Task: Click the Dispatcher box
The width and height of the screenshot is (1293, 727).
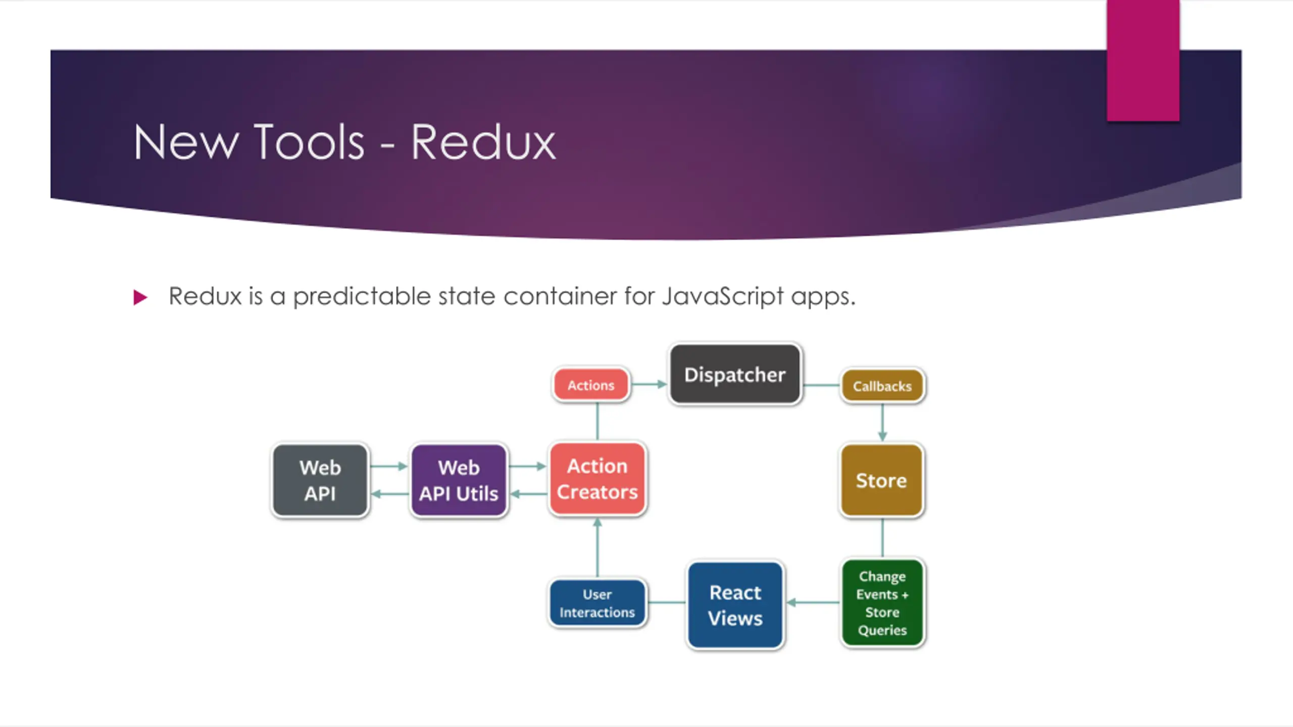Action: pyautogui.click(x=735, y=374)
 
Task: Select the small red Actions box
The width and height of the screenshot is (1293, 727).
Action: pyautogui.click(x=591, y=385)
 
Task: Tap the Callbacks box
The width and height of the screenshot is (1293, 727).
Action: pyautogui.click(x=882, y=386)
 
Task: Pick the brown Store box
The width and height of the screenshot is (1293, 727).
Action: pyautogui.click(x=881, y=480)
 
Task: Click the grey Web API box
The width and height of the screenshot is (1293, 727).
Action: pyautogui.click(x=320, y=480)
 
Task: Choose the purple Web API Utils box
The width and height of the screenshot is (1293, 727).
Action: pyautogui.click(x=459, y=480)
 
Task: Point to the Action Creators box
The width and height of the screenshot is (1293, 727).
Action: pyautogui.click(x=597, y=479)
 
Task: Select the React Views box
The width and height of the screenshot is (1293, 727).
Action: pyautogui.click(x=735, y=605)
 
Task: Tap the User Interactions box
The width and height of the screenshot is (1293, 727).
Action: pyautogui.click(x=597, y=603)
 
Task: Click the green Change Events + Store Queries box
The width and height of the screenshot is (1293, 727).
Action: pyautogui.click(x=882, y=603)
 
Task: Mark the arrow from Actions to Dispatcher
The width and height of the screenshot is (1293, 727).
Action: pyautogui.click(x=650, y=384)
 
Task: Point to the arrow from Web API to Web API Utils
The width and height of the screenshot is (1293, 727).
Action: pyautogui.click(x=388, y=466)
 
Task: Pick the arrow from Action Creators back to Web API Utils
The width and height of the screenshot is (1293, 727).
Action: pyautogui.click(x=528, y=494)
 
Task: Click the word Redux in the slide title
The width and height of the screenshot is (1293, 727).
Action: pyautogui.click(x=483, y=143)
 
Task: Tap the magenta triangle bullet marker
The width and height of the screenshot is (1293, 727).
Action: pyautogui.click(x=140, y=297)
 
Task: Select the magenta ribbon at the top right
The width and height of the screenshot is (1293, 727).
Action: pyautogui.click(x=1142, y=61)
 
